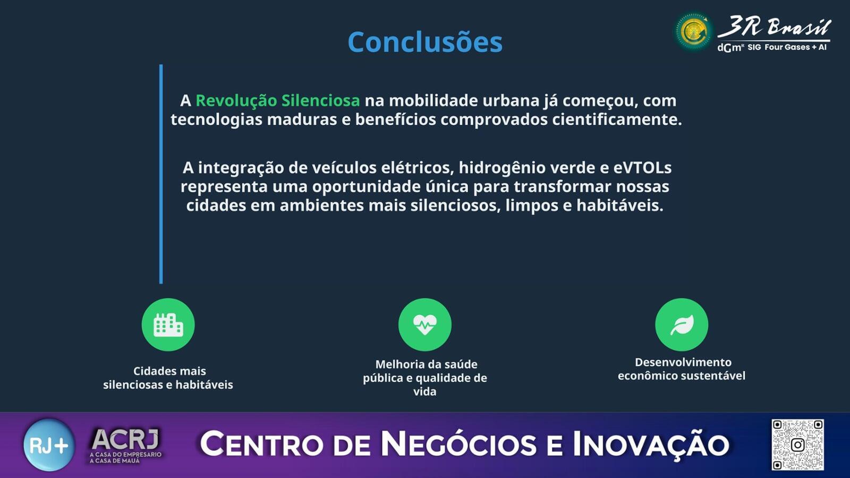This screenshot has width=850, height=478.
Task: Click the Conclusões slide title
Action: coord(425,42)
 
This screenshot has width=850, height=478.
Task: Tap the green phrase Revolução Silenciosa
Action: coord(278,101)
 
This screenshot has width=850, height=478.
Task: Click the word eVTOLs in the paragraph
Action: coord(642,167)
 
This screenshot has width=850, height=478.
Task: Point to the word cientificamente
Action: coord(617,119)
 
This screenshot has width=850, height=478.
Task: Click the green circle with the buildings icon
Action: coord(168,325)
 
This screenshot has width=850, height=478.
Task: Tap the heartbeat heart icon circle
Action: coord(425,325)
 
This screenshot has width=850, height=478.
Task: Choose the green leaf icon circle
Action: coord(682,325)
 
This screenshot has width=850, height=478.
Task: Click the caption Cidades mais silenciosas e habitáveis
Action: coord(168,378)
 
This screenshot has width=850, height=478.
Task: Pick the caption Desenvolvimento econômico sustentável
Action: coord(682,369)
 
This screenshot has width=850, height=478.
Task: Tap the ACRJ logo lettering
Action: coord(125,439)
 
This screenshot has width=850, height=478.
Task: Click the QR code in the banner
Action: coord(797,445)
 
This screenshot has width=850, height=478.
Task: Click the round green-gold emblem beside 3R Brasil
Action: coord(694,31)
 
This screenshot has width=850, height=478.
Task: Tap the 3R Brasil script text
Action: coord(774,27)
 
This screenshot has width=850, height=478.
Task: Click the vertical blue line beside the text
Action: coord(161,174)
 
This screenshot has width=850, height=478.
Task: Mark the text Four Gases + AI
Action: coord(795,47)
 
